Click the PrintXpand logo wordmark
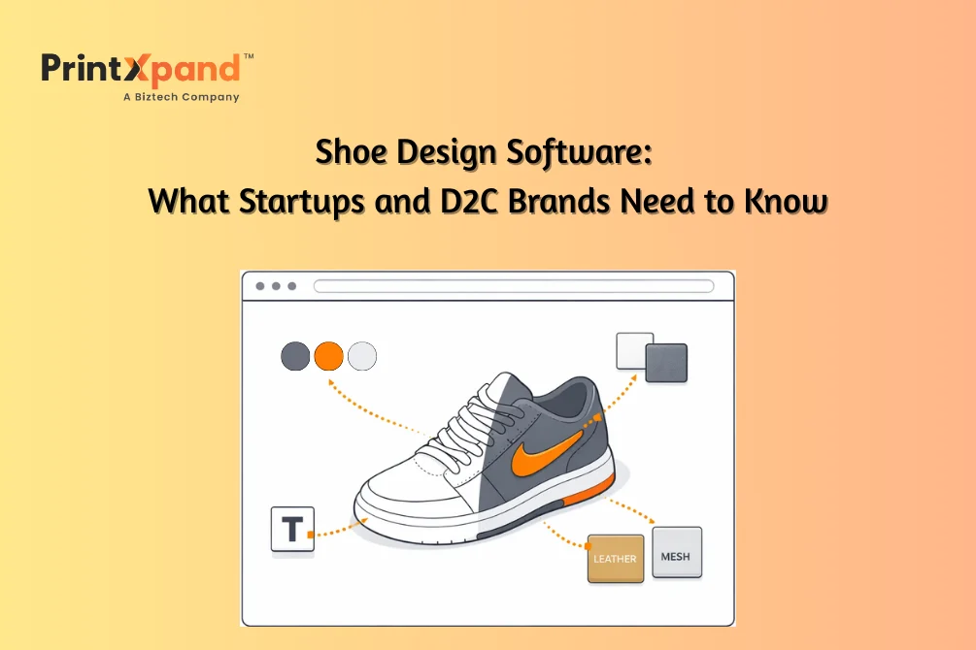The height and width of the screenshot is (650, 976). coord(141,69)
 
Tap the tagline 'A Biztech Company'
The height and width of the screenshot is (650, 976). coord(182,97)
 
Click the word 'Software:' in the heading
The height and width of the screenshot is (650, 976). coord(579,152)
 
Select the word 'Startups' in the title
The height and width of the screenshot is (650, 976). coord(301,202)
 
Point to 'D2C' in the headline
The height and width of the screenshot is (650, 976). coord(469,202)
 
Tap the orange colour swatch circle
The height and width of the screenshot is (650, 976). coord(328,356)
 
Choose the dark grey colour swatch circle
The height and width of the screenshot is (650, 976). coord(295,356)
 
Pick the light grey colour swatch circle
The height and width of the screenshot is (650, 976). coord(362,356)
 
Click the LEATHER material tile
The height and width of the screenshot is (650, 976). coord(616,559)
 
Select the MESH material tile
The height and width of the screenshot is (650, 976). coord(677,552)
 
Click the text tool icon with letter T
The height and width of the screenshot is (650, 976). coord(292,530)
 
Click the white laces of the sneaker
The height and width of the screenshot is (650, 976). coord(473,423)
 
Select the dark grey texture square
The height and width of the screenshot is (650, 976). coord(666,363)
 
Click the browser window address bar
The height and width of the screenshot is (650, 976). coord(514,286)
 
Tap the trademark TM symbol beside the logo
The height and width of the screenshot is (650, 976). coord(249,56)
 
